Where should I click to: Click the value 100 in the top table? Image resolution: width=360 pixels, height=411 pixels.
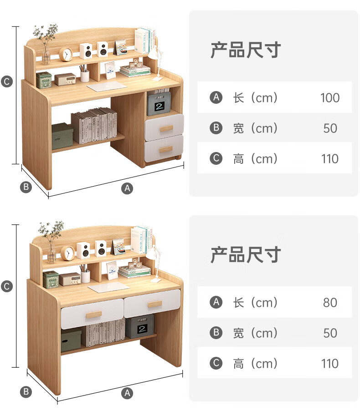329,98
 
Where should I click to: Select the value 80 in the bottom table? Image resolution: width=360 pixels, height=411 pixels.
330,303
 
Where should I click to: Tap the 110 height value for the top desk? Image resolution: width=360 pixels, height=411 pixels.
329,159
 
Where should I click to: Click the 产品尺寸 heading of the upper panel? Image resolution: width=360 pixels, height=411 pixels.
245,51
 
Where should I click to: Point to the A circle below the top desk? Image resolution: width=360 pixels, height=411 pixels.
128,188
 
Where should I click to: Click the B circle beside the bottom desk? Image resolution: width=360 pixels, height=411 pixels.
26,391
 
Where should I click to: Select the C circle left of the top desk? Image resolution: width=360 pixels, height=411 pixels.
7,82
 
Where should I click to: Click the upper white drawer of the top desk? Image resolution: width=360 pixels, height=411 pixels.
165,127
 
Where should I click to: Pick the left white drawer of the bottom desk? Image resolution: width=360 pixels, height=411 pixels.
92,313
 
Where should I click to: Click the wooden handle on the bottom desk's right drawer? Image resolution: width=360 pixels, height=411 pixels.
154,304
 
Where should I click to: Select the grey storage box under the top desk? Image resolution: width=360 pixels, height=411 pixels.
62,136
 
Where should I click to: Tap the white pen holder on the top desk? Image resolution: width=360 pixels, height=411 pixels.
85,75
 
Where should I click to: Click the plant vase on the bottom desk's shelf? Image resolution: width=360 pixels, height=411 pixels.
51,253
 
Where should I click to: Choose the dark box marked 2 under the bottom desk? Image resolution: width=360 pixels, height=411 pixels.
139,327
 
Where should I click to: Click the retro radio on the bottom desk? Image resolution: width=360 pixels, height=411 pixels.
69,279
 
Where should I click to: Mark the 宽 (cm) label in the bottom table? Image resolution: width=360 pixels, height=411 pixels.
255,333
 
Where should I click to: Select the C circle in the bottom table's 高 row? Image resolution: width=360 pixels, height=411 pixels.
216,363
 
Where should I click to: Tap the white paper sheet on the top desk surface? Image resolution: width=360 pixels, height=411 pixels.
107,86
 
